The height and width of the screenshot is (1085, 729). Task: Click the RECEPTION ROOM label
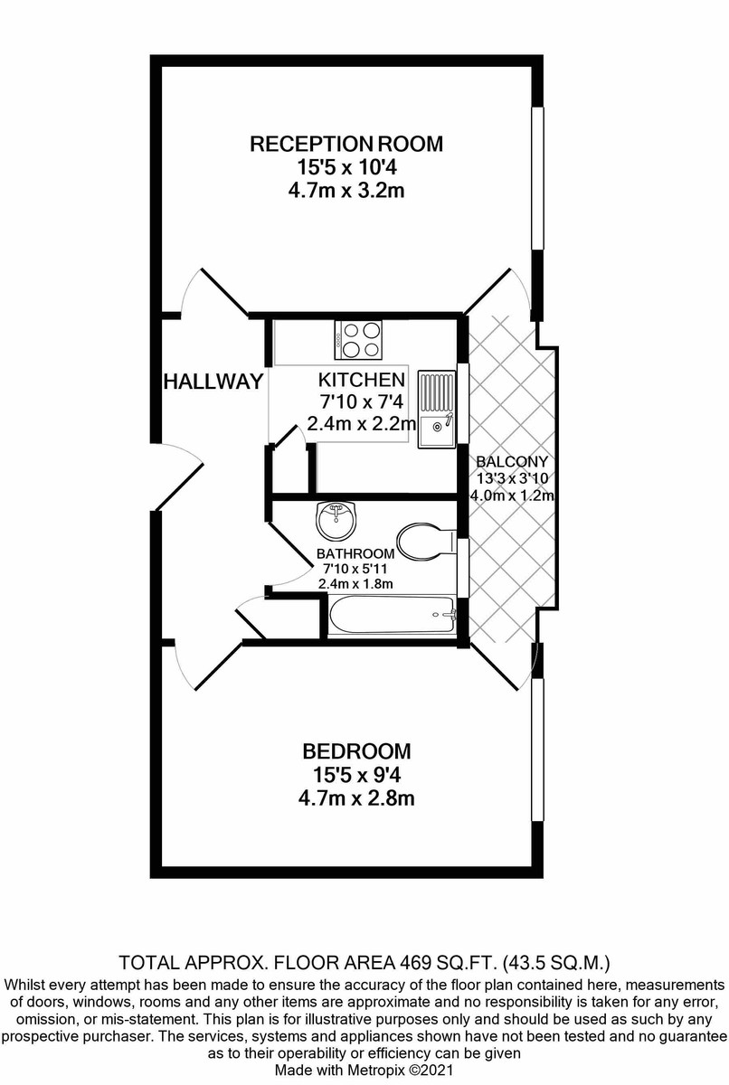pos(346,144)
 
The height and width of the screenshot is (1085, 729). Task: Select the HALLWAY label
pos(213,382)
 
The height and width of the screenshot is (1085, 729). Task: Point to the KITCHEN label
pos(362,380)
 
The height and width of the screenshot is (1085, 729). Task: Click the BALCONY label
pos(512,461)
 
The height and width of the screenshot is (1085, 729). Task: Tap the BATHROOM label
pos(355,553)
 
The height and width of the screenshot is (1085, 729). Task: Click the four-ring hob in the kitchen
pos(358,339)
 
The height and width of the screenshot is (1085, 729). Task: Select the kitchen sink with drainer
pos(437,410)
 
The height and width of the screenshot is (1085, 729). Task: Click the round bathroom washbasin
pos(336,521)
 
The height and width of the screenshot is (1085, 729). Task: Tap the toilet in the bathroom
pos(426,542)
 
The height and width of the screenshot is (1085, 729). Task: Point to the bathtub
pos(392,615)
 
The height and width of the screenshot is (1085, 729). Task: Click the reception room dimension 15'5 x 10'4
pos(346,167)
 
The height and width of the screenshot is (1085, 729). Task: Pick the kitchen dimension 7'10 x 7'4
pos(362,401)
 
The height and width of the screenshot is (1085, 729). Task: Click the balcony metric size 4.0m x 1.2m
pos(513,496)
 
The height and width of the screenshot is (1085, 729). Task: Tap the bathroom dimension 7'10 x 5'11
pos(355,569)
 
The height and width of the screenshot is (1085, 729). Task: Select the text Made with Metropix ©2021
pos(364,1069)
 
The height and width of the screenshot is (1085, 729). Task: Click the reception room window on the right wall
pos(537,178)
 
